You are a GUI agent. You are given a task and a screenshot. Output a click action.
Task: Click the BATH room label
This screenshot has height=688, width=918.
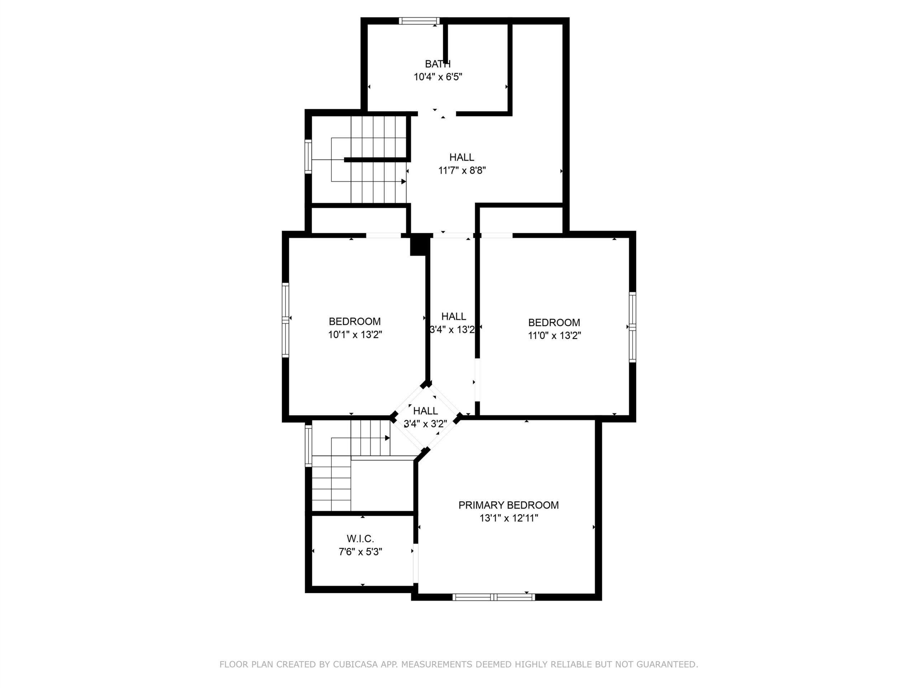click(438, 64)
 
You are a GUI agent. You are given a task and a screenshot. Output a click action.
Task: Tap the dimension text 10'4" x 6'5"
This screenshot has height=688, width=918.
click(438, 77)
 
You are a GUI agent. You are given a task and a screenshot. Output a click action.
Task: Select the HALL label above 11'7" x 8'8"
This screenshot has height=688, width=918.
click(462, 157)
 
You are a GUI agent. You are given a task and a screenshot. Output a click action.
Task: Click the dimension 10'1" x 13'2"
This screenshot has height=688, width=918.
click(355, 335)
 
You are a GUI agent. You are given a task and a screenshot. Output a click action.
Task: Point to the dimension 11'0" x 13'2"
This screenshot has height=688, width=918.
click(554, 335)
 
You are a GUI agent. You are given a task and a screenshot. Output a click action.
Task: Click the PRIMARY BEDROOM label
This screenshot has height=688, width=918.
click(508, 505)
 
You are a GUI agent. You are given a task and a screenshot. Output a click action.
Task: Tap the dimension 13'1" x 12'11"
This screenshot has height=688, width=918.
click(509, 518)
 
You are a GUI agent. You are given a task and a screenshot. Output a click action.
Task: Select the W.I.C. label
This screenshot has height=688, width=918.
click(360, 539)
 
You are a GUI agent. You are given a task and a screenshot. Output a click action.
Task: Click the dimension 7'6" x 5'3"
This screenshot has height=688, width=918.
click(360, 552)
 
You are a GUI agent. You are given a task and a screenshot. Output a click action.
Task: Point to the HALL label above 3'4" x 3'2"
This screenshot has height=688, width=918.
click(425, 411)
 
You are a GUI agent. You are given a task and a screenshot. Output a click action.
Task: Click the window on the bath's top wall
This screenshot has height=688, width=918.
click(419, 21)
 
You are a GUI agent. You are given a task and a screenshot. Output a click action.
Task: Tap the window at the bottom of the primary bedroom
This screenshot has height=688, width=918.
click(493, 597)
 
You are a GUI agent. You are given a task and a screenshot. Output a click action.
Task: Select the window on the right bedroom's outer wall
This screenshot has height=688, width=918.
click(633, 327)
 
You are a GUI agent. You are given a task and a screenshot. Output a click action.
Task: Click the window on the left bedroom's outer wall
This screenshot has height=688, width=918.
click(285, 320)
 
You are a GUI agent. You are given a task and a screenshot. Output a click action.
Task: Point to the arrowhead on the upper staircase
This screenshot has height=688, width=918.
click(404, 182)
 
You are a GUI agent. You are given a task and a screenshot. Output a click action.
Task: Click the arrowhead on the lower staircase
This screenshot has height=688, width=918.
click(388, 438)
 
